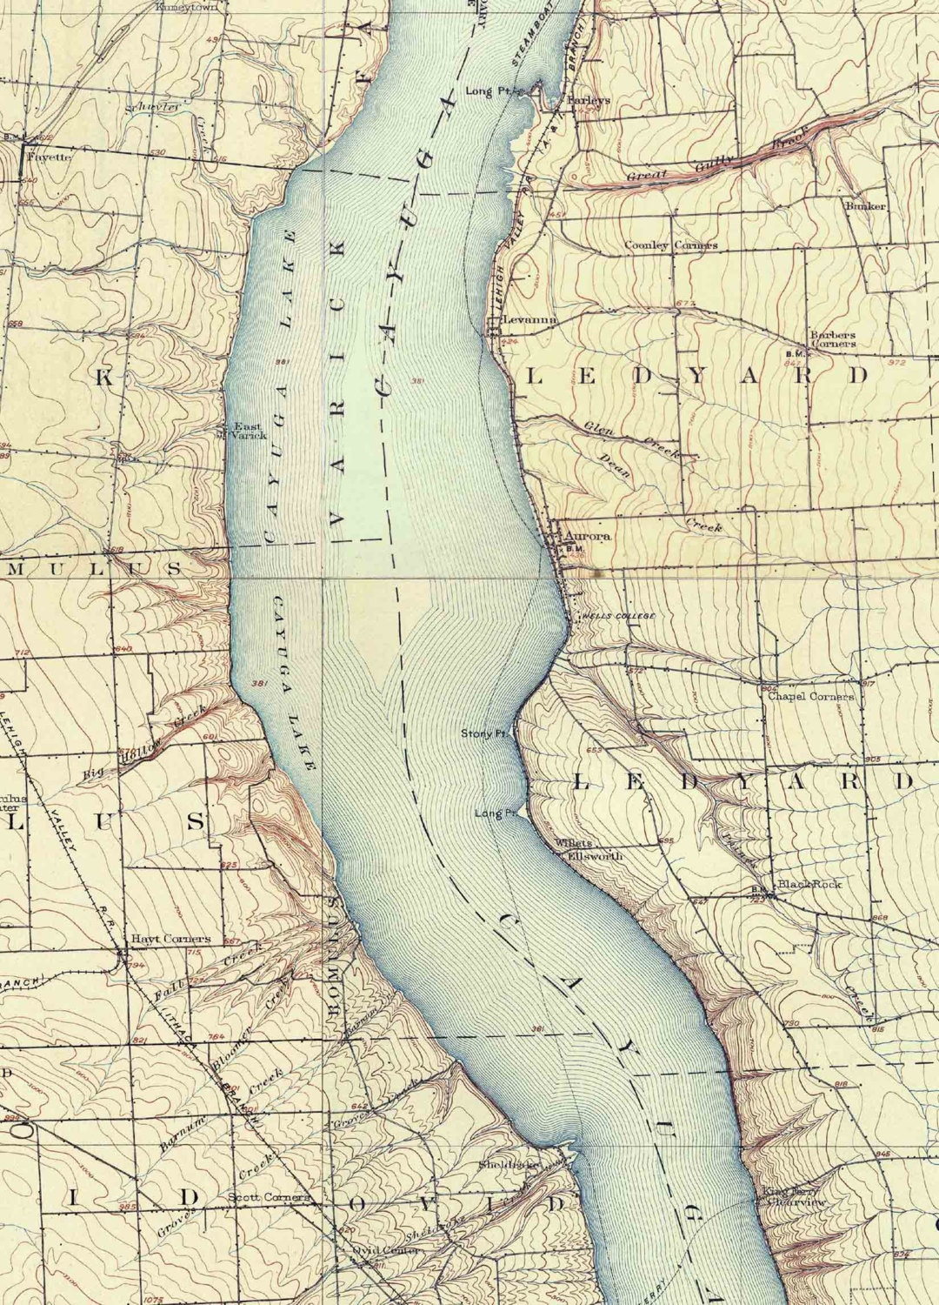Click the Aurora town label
pos(588,536)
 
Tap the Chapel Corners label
pos(810,696)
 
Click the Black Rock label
pos(809,884)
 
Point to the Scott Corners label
pos(269,1197)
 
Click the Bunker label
pos(865,206)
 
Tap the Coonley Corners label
pos(671,245)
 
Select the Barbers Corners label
pos(833,338)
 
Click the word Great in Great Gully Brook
pos(648,176)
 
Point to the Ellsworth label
pos(596,856)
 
